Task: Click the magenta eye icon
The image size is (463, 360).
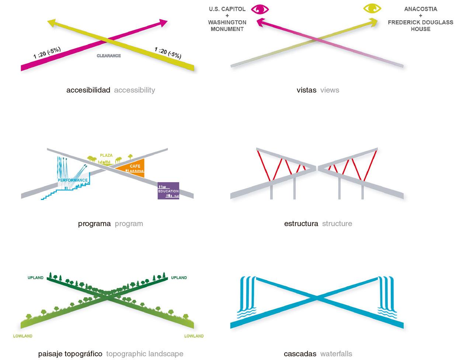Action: (260, 9)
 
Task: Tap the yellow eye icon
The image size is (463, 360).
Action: (372, 8)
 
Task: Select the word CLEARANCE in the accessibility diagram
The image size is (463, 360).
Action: (109, 56)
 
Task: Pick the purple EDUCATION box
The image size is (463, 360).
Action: (168, 190)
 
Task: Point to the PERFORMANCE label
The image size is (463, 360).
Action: (73, 180)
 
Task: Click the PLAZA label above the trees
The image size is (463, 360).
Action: (106, 155)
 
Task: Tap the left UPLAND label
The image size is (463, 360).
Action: (35, 278)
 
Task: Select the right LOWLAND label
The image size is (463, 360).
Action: (194, 336)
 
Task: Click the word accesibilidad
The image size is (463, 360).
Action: (88, 90)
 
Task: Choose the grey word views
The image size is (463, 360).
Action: (330, 90)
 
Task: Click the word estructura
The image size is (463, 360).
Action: (301, 224)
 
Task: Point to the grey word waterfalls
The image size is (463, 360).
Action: (336, 354)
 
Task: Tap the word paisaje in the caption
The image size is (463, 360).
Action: (50, 354)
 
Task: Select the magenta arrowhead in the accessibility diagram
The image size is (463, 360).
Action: (163, 23)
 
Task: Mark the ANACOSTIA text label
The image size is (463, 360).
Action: (421, 9)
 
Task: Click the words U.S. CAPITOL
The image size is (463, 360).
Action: (227, 9)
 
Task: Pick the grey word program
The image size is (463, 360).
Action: (129, 224)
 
